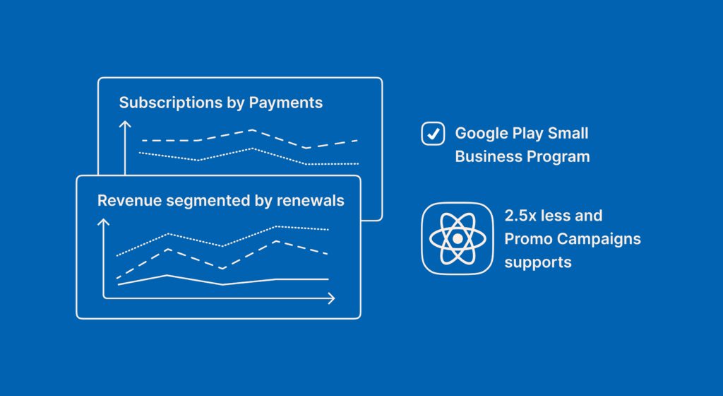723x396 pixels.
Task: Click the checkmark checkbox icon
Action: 433,134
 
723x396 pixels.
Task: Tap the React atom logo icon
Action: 458,238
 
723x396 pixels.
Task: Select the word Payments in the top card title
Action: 286,103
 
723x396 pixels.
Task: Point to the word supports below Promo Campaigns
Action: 538,263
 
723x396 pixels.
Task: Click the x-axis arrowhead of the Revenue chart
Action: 331,298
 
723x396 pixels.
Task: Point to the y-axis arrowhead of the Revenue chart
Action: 103,222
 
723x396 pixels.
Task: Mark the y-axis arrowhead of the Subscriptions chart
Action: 125,124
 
